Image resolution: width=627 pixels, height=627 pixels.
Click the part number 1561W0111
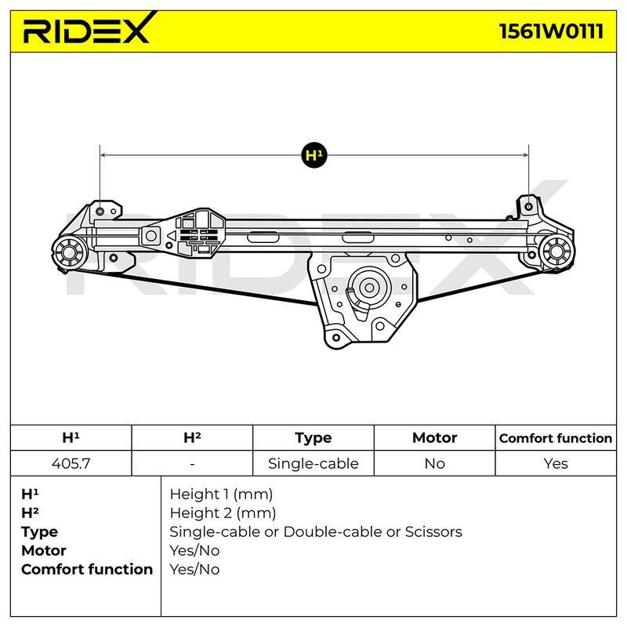click(552, 31)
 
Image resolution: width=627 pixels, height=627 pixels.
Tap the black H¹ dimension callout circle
click(314, 154)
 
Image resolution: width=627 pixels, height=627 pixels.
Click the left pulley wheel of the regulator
click(70, 252)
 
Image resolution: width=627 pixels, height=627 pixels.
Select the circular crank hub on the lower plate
click(369, 288)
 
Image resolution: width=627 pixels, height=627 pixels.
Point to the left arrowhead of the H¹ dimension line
click(103, 154)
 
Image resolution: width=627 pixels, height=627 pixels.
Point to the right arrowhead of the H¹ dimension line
click(525, 154)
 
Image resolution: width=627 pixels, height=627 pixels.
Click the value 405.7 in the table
click(71, 463)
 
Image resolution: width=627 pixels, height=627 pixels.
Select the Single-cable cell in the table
click(313, 463)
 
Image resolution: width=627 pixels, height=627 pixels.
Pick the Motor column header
click(434, 438)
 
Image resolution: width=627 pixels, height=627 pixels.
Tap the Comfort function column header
click(556, 438)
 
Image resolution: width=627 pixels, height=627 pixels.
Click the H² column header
click(192, 437)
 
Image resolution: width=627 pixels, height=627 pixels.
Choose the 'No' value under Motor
click(435, 463)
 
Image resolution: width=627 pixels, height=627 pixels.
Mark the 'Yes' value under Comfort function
click(556, 463)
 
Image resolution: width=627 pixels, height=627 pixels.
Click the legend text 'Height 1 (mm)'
click(221, 495)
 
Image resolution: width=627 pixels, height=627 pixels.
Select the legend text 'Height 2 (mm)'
click(223, 513)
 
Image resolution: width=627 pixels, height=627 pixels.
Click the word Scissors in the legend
click(433, 532)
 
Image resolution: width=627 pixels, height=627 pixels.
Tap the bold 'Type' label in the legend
click(39, 532)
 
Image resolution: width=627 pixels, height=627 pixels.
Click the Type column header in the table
click(313, 438)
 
